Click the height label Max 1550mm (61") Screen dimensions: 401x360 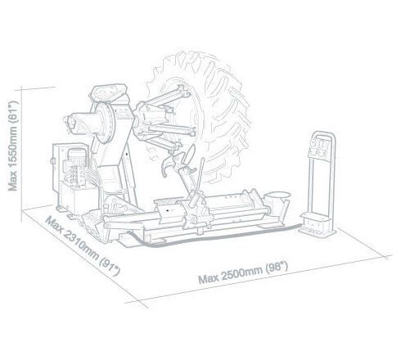12,146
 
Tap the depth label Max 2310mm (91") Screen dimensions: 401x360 83,245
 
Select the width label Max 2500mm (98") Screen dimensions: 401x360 243,272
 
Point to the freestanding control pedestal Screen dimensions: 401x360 319,186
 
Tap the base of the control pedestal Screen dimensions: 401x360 318,226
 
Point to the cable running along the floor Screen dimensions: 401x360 213,237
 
